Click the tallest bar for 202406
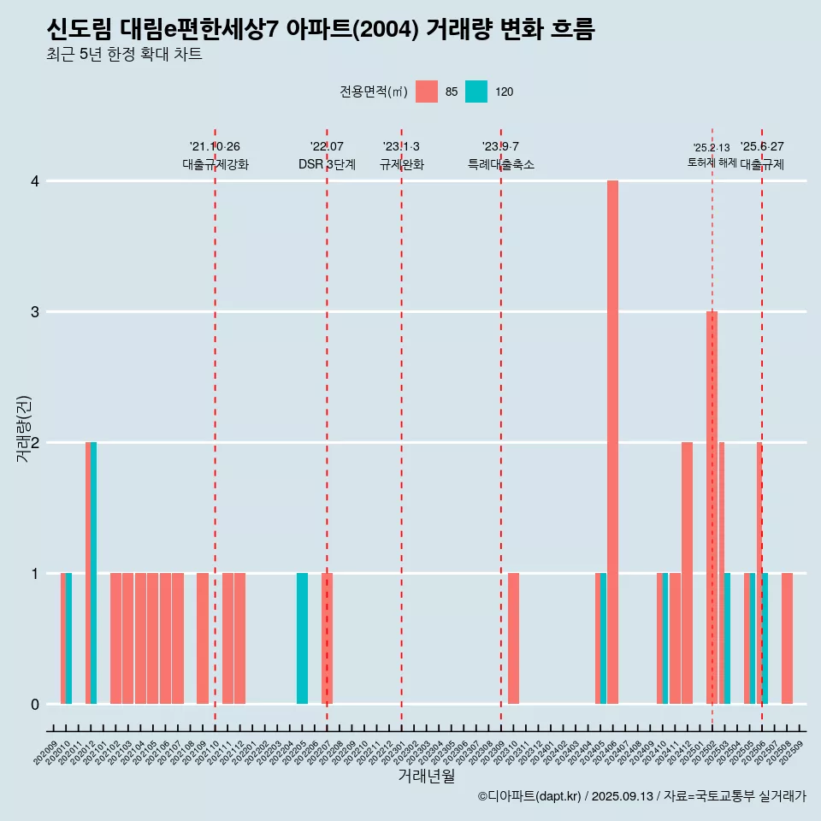(x=612, y=442)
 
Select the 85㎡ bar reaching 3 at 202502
(x=712, y=507)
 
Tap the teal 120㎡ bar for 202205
(x=302, y=638)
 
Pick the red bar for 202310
(x=513, y=638)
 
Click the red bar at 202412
(x=687, y=573)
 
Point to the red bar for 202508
(x=787, y=638)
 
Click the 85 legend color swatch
(x=426, y=92)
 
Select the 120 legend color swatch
(x=476, y=92)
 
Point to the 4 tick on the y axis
(x=35, y=181)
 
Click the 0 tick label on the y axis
(x=35, y=704)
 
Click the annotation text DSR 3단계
(x=327, y=164)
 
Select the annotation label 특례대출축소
(x=501, y=164)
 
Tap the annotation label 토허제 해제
(x=712, y=162)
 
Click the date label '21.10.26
(x=215, y=146)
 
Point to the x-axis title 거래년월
(x=426, y=776)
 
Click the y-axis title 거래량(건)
(x=24, y=428)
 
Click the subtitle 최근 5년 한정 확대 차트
(x=125, y=55)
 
